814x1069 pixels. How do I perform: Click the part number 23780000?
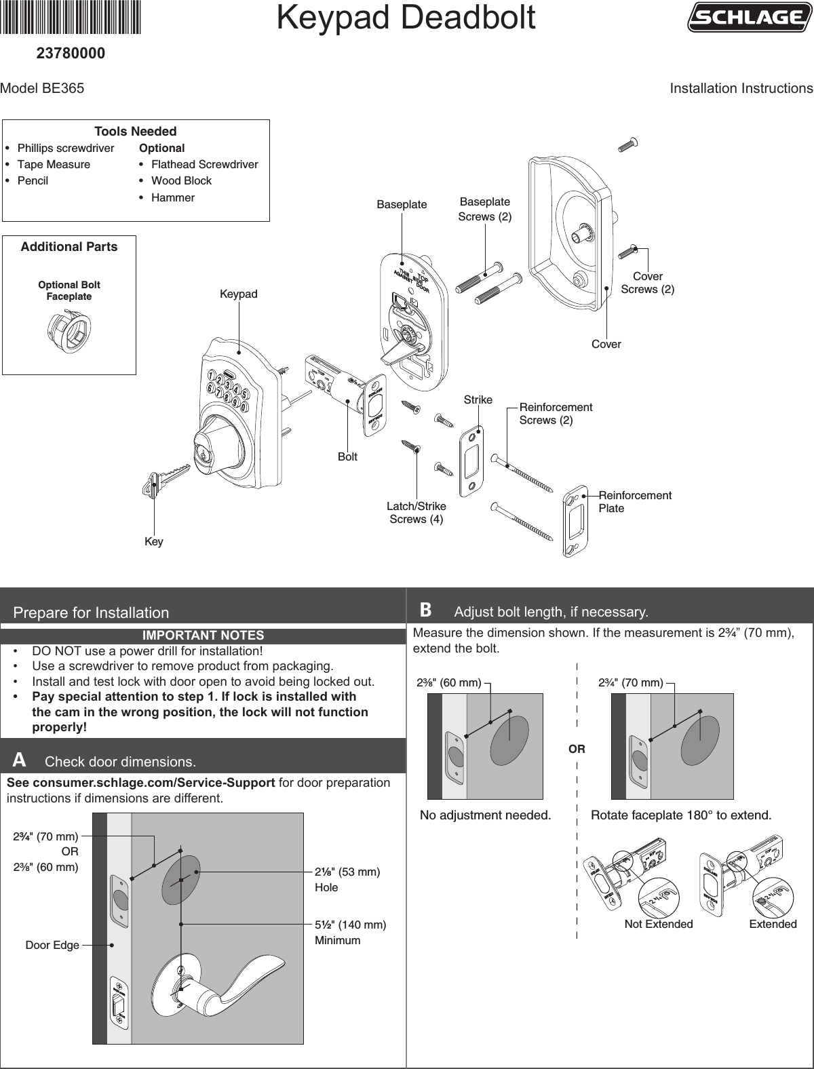(x=71, y=52)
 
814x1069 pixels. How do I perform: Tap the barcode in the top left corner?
(x=71, y=18)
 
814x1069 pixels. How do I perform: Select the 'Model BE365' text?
(x=43, y=89)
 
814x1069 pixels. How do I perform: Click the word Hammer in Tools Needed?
(x=173, y=197)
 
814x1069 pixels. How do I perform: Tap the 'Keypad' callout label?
(x=238, y=294)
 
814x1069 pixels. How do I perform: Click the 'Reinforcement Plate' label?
(x=634, y=502)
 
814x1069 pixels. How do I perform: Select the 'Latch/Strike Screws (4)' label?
(x=416, y=513)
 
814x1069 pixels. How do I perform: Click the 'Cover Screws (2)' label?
(x=647, y=283)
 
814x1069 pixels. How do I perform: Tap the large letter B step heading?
(x=425, y=610)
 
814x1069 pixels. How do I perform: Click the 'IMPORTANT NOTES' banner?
(x=203, y=636)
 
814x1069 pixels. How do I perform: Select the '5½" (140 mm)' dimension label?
(x=350, y=925)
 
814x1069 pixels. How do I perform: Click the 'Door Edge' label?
(x=52, y=945)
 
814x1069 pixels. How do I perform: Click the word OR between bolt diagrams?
(x=576, y=750)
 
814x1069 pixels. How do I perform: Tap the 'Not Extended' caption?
(x=658, y=925)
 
